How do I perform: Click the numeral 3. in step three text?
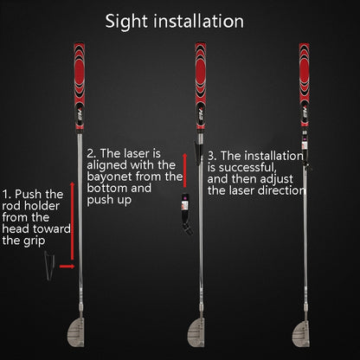[x=213, y=154]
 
